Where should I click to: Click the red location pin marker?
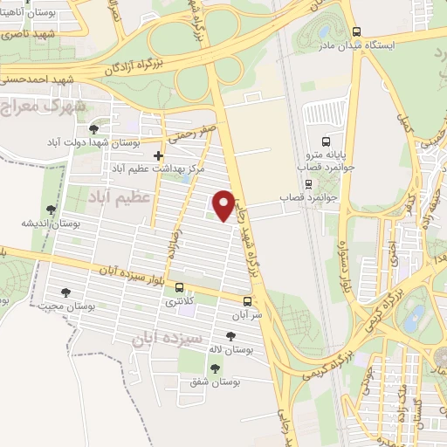[224, 204]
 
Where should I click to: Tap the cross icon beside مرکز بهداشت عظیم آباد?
[157, 155]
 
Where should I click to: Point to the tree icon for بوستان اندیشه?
[51, 210]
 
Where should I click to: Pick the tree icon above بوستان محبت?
[65, 292]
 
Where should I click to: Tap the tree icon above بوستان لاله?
[230, 335]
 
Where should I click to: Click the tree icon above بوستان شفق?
[223, 368]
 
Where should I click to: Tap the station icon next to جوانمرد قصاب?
[307, 185]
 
